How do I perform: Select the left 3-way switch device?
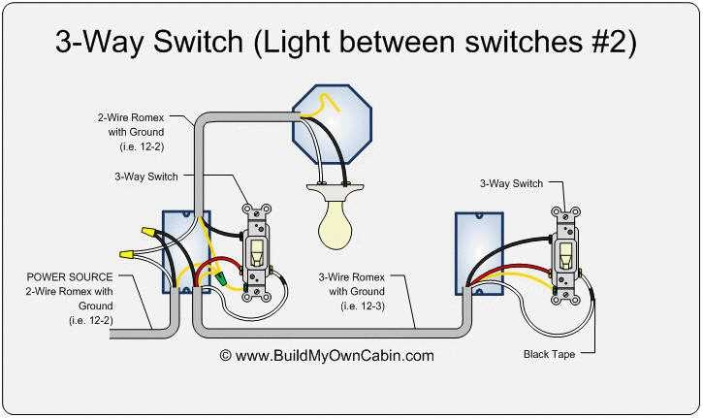[x=258, y=249]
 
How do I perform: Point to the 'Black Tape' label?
[x=550, y=355]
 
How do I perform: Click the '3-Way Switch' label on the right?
[x=511, y=183]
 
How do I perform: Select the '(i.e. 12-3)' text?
[x=364, y=305]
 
